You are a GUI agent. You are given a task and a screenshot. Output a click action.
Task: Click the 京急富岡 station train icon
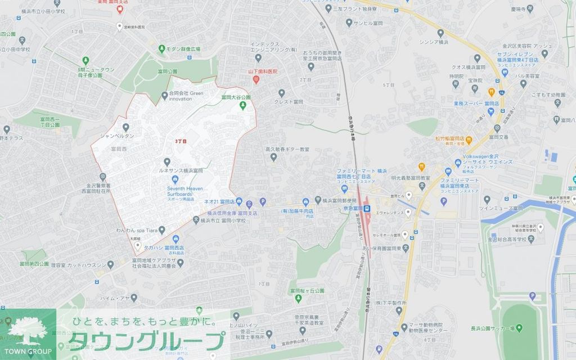pyautogui.click(x=367, y=209)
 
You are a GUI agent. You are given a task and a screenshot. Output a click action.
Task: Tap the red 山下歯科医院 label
pyautogui.click(x=264, y=72)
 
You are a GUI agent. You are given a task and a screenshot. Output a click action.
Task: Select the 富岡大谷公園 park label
pyautogui.click(x=235, y=97)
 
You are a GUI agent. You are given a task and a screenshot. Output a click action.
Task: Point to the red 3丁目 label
pyautogui.click(x=181, y=141)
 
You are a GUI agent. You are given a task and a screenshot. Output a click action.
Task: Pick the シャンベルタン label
pyautogui.click(x=117, y=136)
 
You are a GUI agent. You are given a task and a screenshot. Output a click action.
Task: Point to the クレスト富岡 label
pyautogui.click(x=289, y=102)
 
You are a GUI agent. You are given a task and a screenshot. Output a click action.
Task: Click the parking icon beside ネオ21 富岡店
pyautogui.click(x=262, y=201)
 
